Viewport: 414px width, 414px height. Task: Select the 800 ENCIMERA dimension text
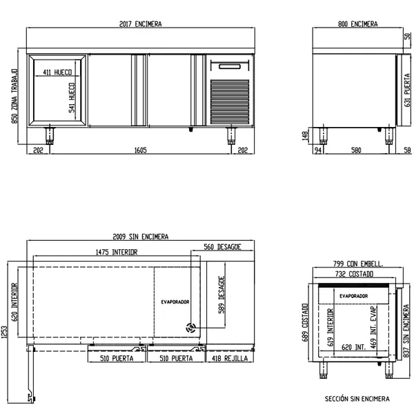[357, 24]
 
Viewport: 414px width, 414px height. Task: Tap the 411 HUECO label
[58, 72]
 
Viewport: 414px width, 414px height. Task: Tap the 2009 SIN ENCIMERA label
[140, 236]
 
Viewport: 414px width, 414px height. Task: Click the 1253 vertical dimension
[6, 333]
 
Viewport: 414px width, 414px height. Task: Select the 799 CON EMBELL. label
[357, 264]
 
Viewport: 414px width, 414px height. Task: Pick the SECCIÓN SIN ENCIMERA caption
[357, 399]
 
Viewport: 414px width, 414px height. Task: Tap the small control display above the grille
[230, 67]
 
